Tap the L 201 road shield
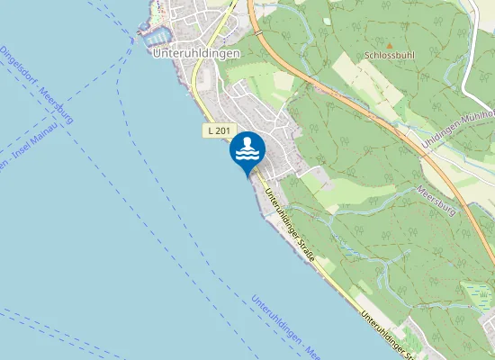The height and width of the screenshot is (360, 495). [x=217, y=131]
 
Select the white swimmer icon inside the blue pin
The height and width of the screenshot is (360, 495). [x=247, y=148]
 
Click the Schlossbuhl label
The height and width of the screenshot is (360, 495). [x=390, y=55]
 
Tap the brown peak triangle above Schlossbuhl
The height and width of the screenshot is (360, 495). [x=390, y=43]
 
